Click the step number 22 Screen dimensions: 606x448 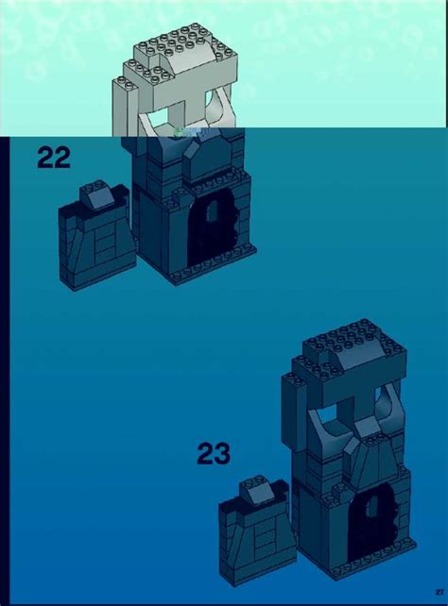point(54,158)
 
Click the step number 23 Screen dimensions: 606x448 point(214,454)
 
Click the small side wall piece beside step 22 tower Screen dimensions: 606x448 point(94,237)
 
